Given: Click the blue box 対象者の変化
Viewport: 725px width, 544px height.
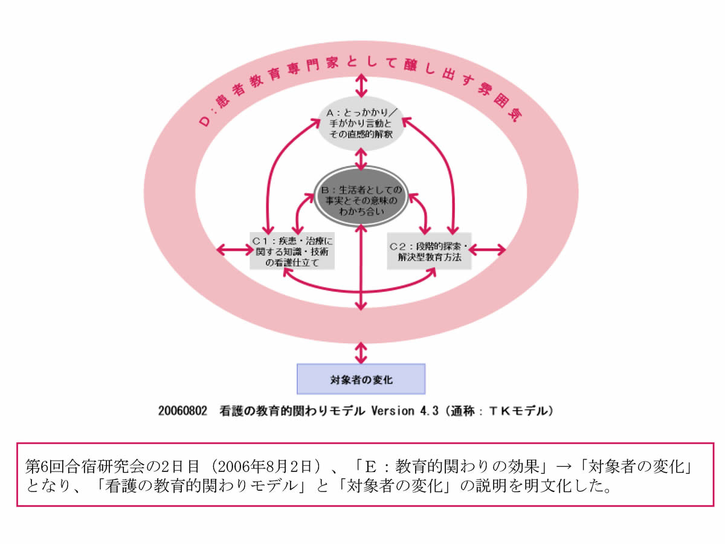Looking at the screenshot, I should (x=361, y=380).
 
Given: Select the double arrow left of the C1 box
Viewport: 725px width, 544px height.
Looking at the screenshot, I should (x=232, y=249).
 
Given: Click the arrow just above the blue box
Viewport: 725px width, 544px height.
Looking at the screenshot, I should (x=361, y=352).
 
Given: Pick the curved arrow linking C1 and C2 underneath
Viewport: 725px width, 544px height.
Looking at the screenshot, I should (x=361, y=289).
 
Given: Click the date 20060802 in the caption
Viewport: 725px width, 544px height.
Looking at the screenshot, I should (x=183, y=411).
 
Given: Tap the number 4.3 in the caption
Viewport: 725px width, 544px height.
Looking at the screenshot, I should (x=432, y=411).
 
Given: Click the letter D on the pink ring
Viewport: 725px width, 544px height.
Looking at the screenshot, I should (x=204, y=121).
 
